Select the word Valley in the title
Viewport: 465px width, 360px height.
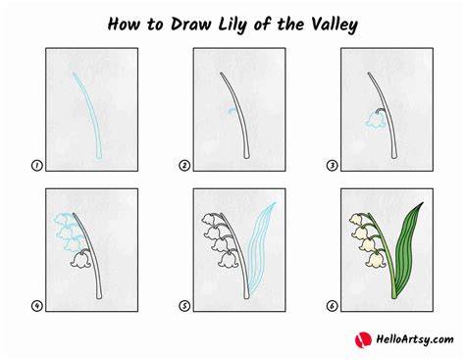pos(335,26)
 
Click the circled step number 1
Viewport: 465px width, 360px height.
pos(36,166)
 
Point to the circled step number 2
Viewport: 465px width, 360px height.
pos(184,166)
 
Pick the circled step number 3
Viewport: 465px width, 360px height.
pos(332,166)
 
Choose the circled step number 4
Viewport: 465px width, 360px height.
pos(36,306)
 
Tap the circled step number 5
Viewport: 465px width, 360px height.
pos(184,306)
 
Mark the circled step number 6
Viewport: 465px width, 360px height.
pos(332,306)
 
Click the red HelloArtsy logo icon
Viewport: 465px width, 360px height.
pos(363,339)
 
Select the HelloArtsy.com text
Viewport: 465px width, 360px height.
pos(415,339)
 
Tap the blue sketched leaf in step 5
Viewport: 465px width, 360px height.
pos(260,247)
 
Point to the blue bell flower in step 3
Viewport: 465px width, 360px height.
pos(375,121)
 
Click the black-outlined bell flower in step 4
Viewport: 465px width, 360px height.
pos(81,260)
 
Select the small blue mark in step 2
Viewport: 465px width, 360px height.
pos(232,111)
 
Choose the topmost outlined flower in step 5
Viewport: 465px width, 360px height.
pos(211,219)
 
